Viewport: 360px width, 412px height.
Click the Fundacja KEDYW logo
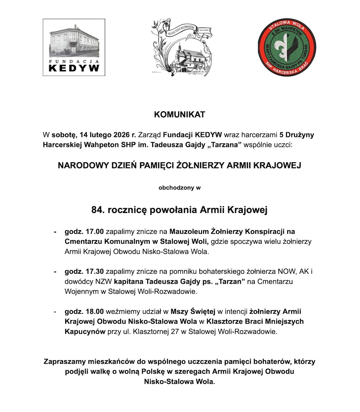pos(74,47)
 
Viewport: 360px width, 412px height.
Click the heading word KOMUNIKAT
pos(180,115)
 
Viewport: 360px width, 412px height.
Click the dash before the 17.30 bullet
pos(55,272)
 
